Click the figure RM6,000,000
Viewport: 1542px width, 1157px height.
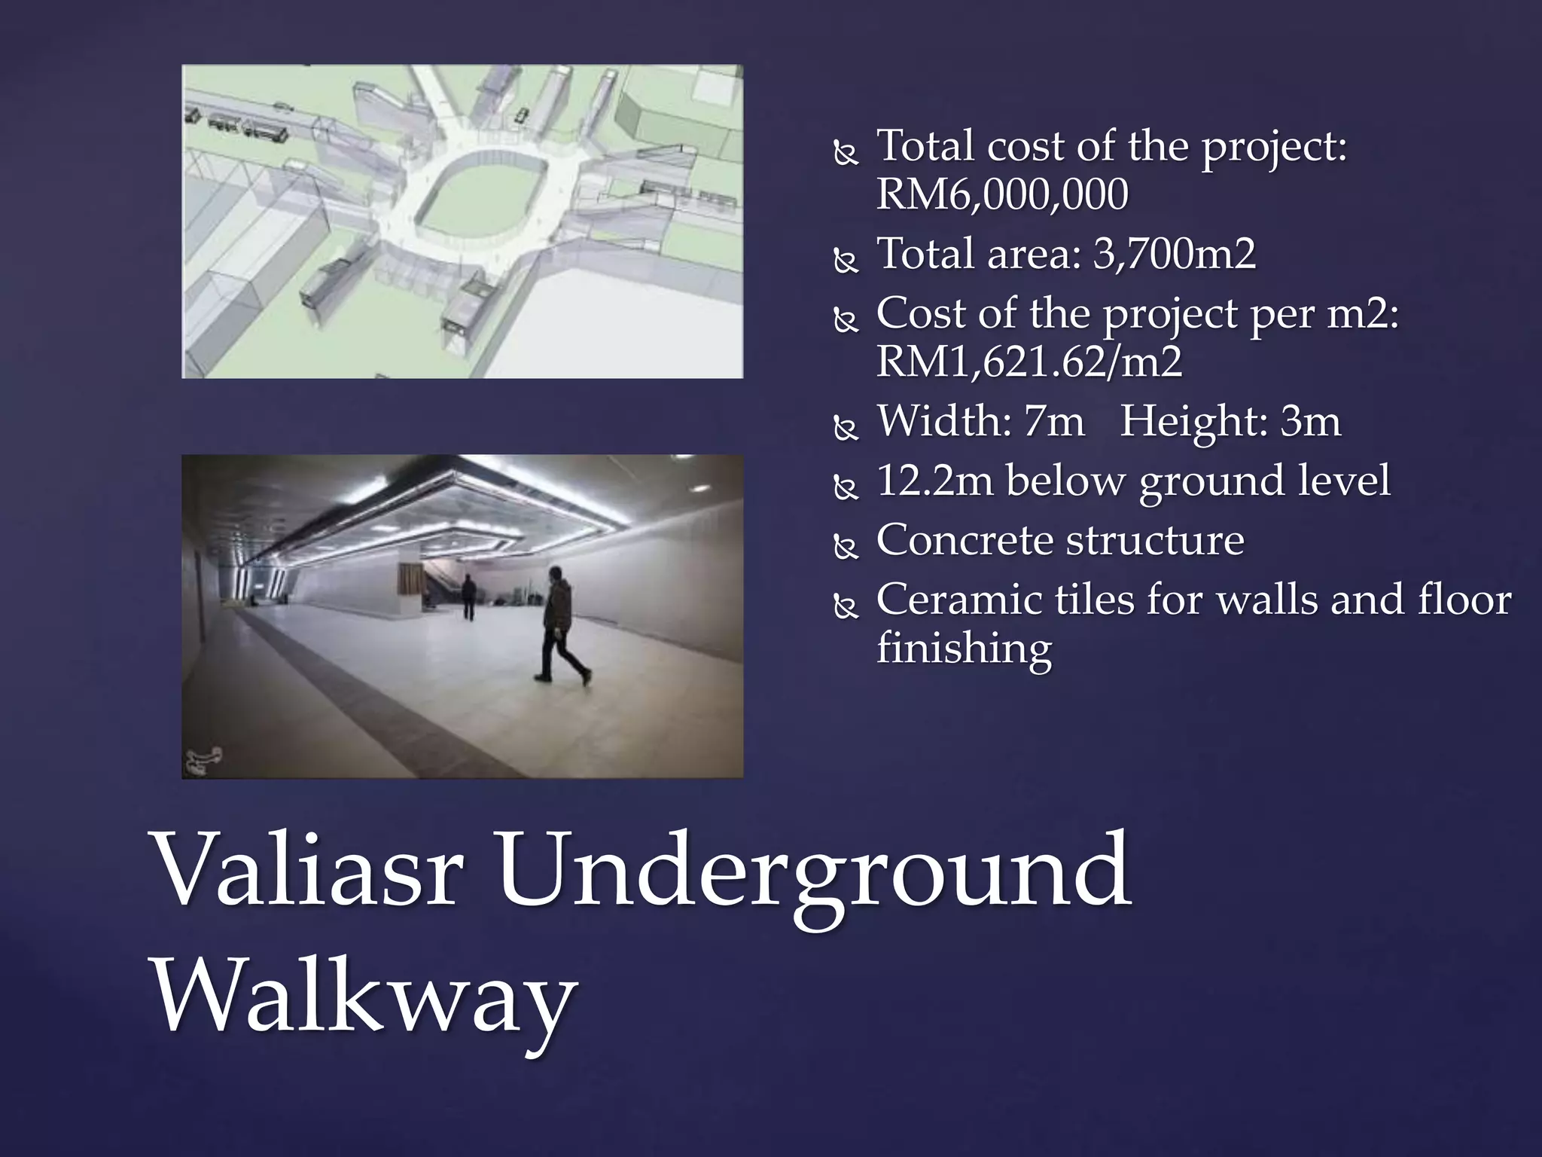[x=1001, y=194]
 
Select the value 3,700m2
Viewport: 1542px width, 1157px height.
[x=1175, y=253]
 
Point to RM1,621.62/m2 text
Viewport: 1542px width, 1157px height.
[x=1029, y=362]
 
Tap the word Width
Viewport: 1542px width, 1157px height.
[x=943, y=420]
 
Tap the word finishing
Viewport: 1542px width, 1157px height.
[x=964, y=649]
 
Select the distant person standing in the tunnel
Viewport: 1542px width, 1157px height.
[x=468, y=597]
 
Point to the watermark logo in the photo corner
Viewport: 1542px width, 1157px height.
[x=203, y=760]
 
